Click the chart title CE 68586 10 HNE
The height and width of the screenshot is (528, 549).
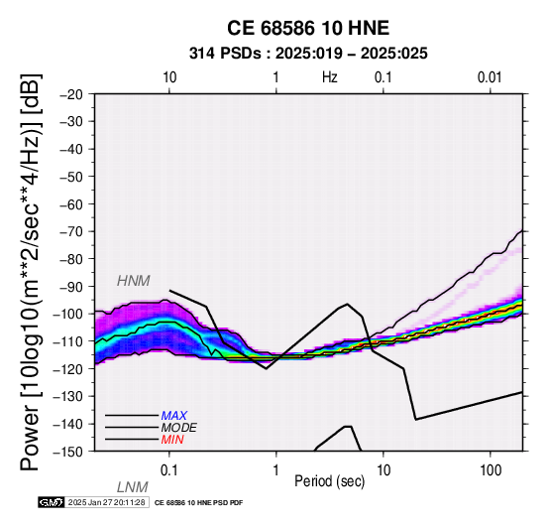click(308, 28)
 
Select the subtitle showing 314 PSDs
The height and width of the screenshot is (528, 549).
click(308, 54)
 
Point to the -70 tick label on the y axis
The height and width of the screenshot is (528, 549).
click(71, 231)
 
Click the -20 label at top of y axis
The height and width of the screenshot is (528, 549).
click(71, 94)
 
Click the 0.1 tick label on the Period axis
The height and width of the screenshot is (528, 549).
click(169, 470)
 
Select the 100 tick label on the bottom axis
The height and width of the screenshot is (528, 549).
click(491, 470)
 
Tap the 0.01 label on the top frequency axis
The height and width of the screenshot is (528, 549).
click(490, 77)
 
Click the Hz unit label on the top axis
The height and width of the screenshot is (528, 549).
click(329, 77)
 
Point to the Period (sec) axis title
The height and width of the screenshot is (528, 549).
click(329, 481)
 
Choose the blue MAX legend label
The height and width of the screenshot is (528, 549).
click(174, 416)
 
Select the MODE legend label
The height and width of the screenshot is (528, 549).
click(179, 428)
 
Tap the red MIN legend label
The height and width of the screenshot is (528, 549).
click(172, 440)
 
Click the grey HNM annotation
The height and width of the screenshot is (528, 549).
click(134, 281)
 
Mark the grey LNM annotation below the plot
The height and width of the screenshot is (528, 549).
click(133, 487)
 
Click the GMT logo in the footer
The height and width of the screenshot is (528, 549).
click(52, 502)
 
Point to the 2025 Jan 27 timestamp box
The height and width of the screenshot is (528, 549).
click(107, 502)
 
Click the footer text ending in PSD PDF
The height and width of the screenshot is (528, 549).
click(198, 503)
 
